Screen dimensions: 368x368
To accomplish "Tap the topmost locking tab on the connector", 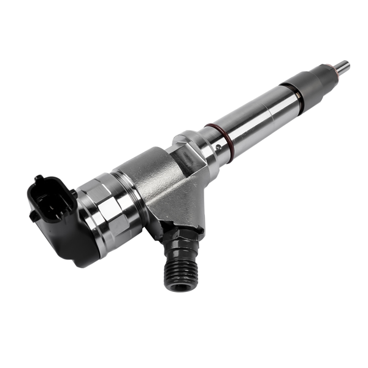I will click(39, 179).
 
